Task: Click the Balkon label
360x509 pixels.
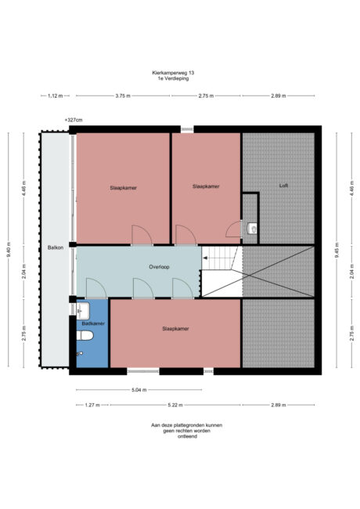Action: [56, 247]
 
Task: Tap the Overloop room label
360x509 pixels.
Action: [159, 267]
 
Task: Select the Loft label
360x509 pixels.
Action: [283, 186]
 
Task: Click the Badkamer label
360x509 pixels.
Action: [93, 323]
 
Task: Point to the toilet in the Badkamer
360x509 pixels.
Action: [85, 335]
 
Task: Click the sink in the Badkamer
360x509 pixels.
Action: [83, 311]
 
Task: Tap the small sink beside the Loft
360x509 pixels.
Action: [252, 229]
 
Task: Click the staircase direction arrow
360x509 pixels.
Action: [205, 258]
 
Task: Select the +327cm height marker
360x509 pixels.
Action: [74, 120]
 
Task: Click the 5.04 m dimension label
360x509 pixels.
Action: [139, 390]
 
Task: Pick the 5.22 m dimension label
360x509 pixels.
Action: [175, 405]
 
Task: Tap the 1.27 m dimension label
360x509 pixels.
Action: [92, 405]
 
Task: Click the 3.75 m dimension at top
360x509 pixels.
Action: [123, 96]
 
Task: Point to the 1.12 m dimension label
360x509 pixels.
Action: [55, 96]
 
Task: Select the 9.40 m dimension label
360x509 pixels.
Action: [9, 250]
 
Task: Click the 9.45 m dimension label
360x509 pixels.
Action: [337, 251]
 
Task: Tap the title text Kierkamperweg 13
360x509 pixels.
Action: [173, 73]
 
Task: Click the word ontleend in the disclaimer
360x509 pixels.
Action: [187, 437]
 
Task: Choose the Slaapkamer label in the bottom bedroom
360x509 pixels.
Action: [175, 329]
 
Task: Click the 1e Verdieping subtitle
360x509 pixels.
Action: [173, 78]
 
